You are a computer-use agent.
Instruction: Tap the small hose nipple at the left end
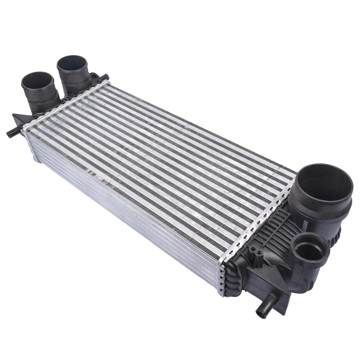[12, 133]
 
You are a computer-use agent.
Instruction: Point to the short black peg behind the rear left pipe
[105, 78]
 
